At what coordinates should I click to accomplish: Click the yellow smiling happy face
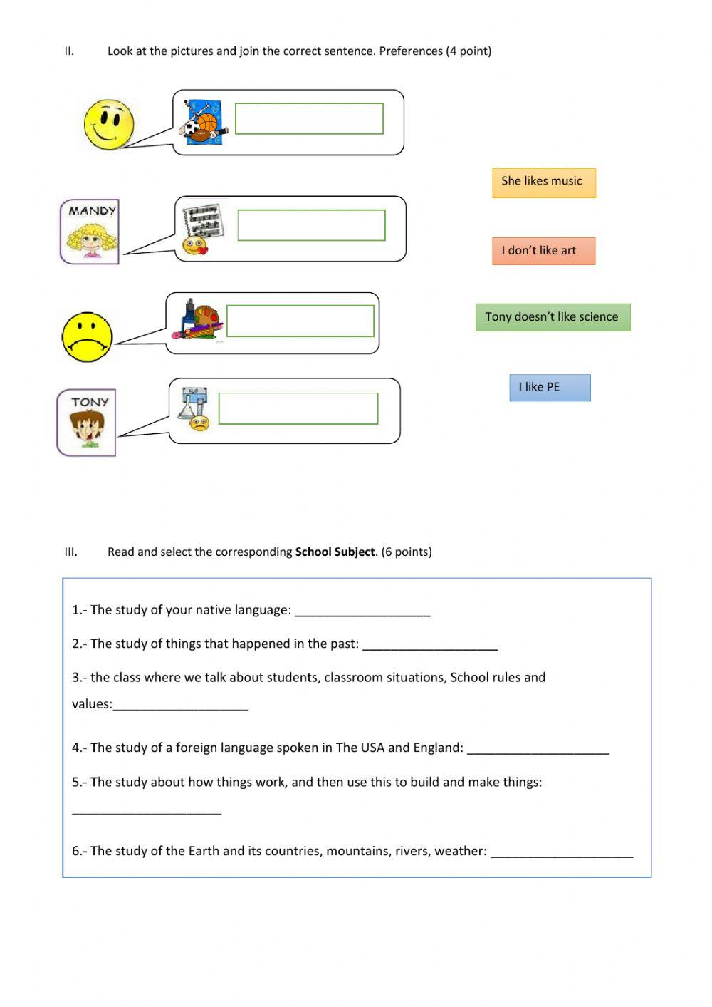[x=109, y=125]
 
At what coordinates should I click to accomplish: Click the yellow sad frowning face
[x=87, y=336]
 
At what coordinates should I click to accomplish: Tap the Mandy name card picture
[x=90, y=232]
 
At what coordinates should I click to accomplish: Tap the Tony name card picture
[x=87, y=422]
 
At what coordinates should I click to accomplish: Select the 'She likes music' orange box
[x=543, y=182]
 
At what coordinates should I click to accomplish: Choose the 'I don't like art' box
[x=543, y=251]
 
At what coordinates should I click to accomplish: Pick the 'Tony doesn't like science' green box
[x=553, y=317]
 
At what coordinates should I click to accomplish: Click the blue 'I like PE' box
[x=550, y=388]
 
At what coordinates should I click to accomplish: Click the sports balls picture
[x=203, y=122]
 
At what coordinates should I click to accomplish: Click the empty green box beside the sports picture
[x=309, y=118]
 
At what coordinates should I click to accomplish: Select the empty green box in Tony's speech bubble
[x=298, y=408]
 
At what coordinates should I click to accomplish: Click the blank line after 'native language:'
[x=362, y=611]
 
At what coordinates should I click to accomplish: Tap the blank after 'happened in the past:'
[x=429, y=644]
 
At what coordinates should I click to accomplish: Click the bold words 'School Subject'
[x=335, y=552]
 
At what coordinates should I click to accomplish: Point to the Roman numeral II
[x=69, y=51]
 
